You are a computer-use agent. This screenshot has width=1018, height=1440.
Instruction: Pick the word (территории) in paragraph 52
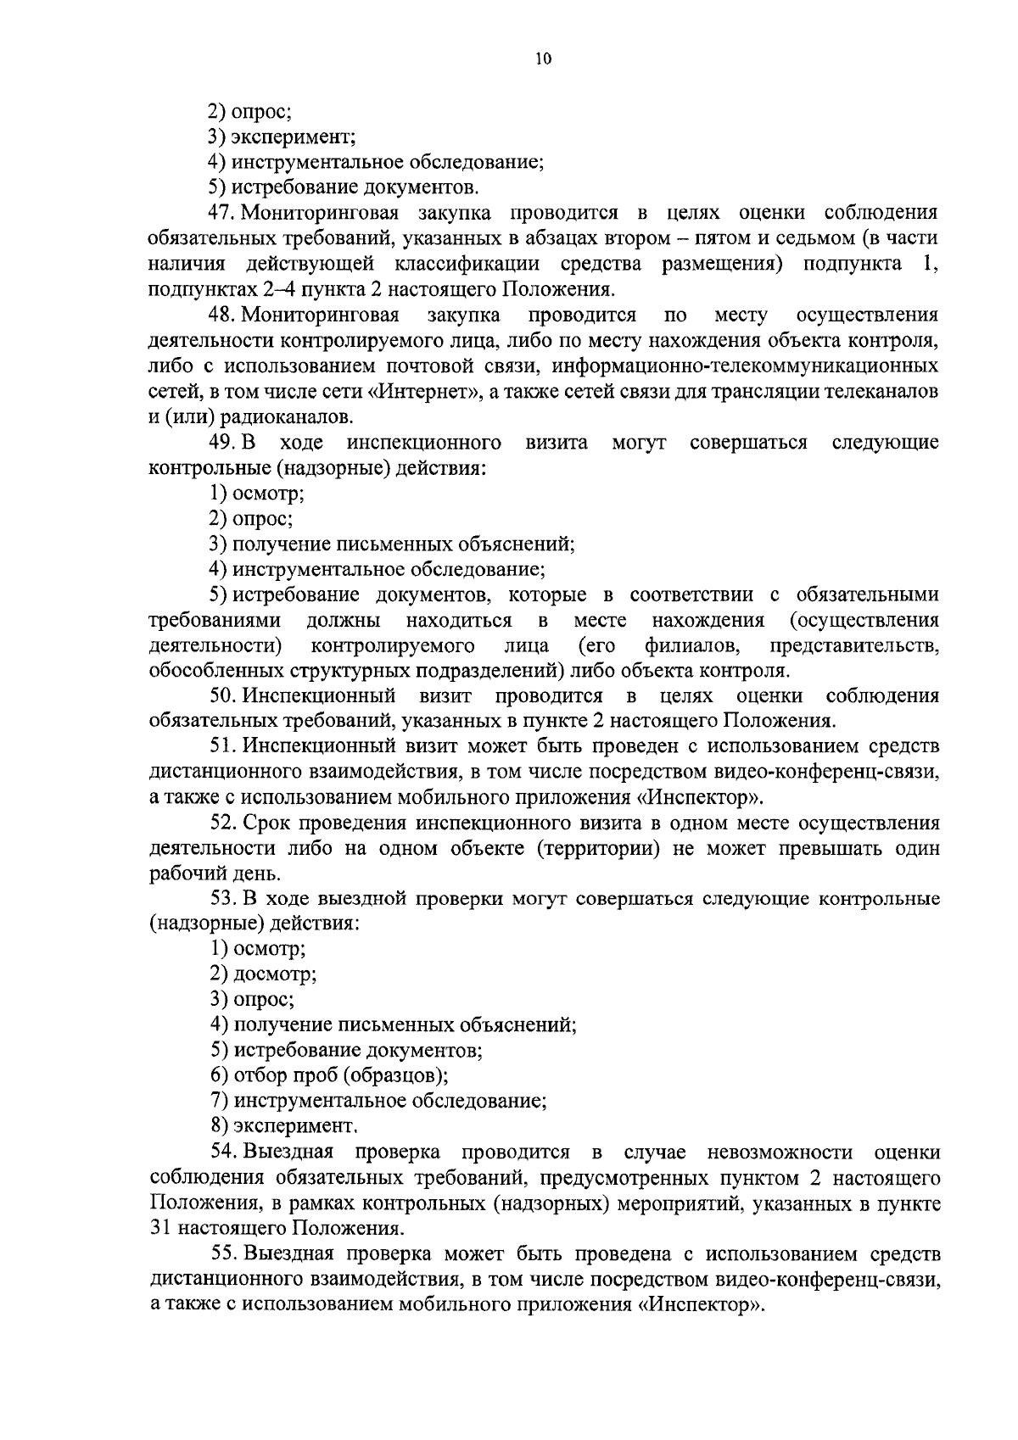tap(598, 849)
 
